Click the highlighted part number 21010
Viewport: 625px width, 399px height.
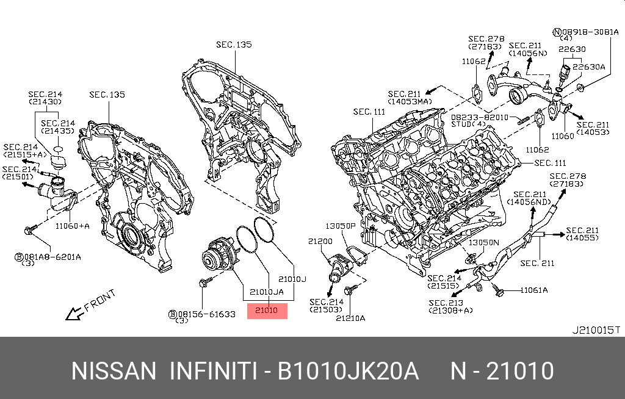[x=266, y=310]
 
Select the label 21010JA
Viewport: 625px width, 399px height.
[x=267, y=292]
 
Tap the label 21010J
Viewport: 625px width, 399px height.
[x=292, y=279]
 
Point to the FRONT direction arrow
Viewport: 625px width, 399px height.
[x=75, y=314]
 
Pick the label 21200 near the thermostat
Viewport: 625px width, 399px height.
[x=320, y=241]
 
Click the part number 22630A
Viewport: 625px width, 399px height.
[x=589, y=66]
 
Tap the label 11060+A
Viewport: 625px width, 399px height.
[x=72, y=226]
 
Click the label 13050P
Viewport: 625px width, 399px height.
[x=341, y=226]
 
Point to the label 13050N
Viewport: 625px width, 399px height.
[x=483, y=242]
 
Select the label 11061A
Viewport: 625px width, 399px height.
[x=534, y=290]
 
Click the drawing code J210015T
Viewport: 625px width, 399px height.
[x=596, y=330]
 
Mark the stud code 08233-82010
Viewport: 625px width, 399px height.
[x=480, y=118]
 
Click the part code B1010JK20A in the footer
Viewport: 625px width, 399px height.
[x=348, y=371]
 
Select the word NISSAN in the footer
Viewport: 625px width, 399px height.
[x=114, y=371]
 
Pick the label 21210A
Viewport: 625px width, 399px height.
[x=350, y=318]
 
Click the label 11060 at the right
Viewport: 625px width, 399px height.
[x=562, y=136]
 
